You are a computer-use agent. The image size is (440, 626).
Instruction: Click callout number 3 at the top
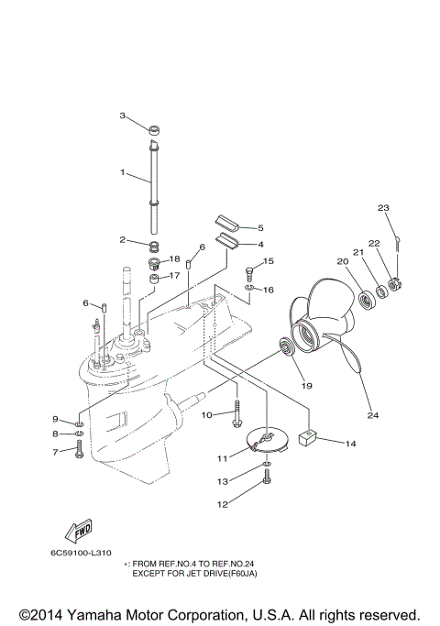(x=122, y=115)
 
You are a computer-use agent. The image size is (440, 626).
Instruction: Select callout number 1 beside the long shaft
(x=122, y=172)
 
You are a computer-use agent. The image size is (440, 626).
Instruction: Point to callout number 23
(x=383, y=208)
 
